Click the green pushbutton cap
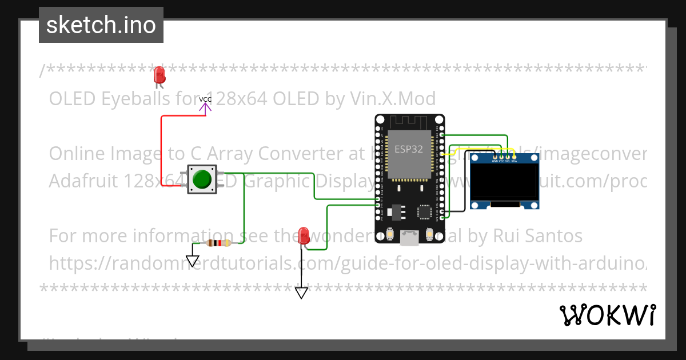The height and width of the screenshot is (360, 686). coord(202,179)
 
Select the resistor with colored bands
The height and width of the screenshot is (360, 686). coord(218,243)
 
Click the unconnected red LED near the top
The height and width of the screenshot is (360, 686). coord(159,74)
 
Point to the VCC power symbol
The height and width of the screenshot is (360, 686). coord(205,103)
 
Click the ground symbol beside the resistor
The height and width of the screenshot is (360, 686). coord(193,261)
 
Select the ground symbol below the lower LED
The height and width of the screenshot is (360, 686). coord(301,293)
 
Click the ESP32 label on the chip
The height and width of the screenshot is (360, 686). coord(408,149)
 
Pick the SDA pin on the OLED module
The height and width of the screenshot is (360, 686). coord(514,157)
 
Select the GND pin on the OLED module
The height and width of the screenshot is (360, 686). coord(495,157)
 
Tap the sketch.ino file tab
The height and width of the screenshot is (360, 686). coord(101,25)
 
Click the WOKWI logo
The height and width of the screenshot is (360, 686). coord(607,315)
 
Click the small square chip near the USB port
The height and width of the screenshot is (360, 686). coord(425,212)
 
